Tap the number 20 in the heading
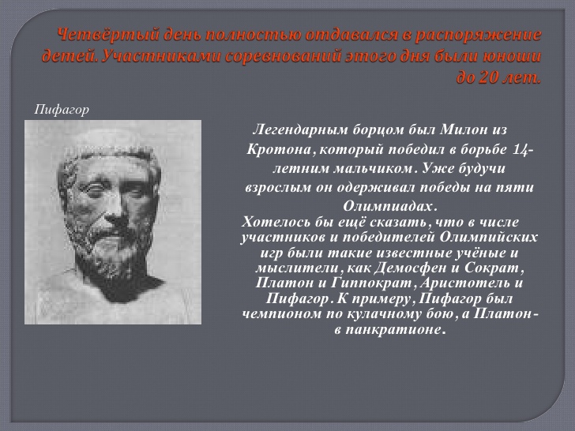pyautogui.click(x=489, y=78)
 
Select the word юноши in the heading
pyautogui.click(x=512, y=57)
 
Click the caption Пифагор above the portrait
pyautogui.click(x=62, y=110)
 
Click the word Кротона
pyautogui.click(x=279, y=149)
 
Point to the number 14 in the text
pyautogui.click(x=521, y=150)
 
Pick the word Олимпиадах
pyautogui.click(x=388, y=206)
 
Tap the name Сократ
pyautogui.click(x=492, y=268)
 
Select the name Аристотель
pyautogui.click(x=464, y=283)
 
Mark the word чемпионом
pyautogui.click(x=282, y=313)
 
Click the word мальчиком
pyautogui.click(x=374, y=168)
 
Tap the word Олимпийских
pyautogui.click(x=488, y=237)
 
